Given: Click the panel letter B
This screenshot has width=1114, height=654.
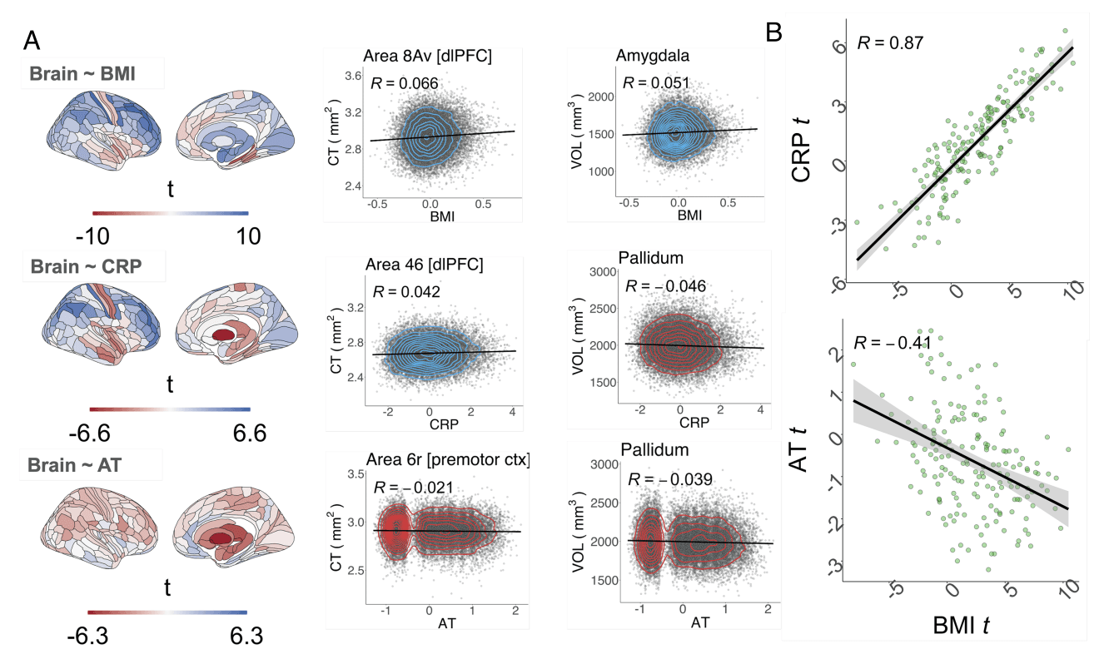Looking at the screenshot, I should (x=773, y=33).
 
